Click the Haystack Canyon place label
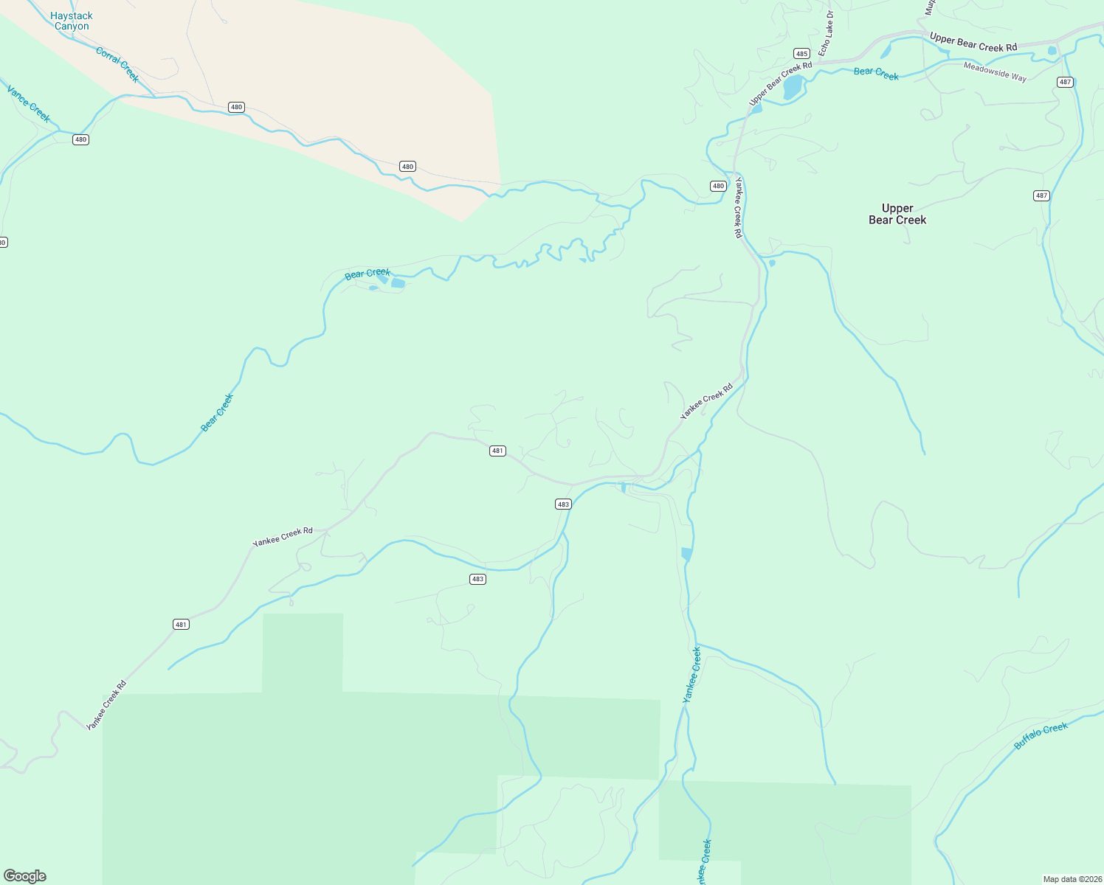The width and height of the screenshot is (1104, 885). click(72, 21)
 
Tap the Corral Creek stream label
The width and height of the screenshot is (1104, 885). click(117, 64)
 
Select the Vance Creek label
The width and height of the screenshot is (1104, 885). click(29, 103)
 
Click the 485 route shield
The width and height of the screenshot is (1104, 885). click(801, 53)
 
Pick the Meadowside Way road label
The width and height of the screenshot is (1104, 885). click(995, 72)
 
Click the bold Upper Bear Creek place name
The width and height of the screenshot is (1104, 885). click(897, 214)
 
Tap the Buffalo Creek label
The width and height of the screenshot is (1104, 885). click(1041, 735)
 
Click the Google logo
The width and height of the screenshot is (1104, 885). click(25, 876)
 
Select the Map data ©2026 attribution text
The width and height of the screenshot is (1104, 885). click(1072, 879)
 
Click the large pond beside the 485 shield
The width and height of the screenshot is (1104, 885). click(792, 87)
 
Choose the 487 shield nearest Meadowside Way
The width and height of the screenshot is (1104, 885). click(1065, 82)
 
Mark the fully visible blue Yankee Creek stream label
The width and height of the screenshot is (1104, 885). click(691, 674)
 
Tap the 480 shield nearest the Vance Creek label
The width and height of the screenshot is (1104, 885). click(80, 139)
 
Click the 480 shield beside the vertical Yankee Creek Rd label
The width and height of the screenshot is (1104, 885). click(718, 186)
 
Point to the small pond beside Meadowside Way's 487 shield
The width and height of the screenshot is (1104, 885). click(1052, 50)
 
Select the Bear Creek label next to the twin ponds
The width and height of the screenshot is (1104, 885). click(367, 274)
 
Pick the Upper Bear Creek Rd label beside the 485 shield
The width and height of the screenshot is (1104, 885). click(780, 83)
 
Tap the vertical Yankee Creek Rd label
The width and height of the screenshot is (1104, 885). click(737, 207)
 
